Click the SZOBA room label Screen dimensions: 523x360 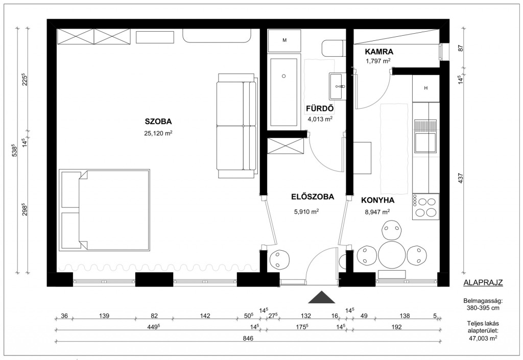158,121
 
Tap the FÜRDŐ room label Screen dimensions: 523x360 320,108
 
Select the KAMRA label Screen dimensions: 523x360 379,52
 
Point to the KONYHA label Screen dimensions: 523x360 377,200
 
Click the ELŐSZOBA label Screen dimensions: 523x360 313,197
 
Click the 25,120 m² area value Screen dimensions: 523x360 158,133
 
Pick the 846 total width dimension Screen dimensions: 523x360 248,339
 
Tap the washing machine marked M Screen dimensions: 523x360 284,40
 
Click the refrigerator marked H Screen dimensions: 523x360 425,88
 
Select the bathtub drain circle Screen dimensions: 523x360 284,76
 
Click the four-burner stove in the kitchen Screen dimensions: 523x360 425,207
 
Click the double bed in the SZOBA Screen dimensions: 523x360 104,210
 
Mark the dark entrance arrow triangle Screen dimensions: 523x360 322,297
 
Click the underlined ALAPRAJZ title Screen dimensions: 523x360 483,283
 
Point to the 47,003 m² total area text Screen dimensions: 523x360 483,339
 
